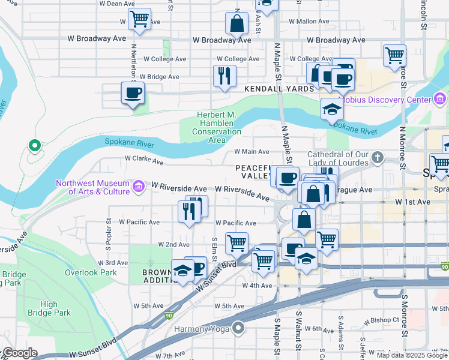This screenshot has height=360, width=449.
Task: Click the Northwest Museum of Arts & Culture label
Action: tap(92, 187)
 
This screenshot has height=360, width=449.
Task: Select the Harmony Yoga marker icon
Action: tap(239, 328)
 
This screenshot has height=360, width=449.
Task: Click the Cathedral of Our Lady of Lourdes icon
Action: tap(378, 158)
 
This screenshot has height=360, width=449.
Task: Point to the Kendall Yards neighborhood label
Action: tap(279, 89)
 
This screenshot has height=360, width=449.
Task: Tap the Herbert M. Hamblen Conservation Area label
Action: tap(217, 128)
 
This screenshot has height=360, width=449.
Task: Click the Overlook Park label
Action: tap(91, 272)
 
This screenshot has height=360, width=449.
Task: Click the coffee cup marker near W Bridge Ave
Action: tap(133, 93)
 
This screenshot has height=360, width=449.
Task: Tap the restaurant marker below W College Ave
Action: tap(224, 76)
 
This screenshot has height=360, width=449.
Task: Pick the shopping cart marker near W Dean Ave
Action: tap(139, 19)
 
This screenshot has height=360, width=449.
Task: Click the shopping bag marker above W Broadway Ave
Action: tap(237, 23)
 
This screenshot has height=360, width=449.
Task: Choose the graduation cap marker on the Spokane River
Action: tap(332, 110)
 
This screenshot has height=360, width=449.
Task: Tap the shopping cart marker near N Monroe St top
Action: tap(394, 55)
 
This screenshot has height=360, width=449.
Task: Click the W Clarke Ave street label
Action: tap(144, 161)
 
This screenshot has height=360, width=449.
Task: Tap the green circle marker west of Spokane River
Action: tap(35, 145)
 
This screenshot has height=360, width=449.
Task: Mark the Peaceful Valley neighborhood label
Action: tap(253, 172)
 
